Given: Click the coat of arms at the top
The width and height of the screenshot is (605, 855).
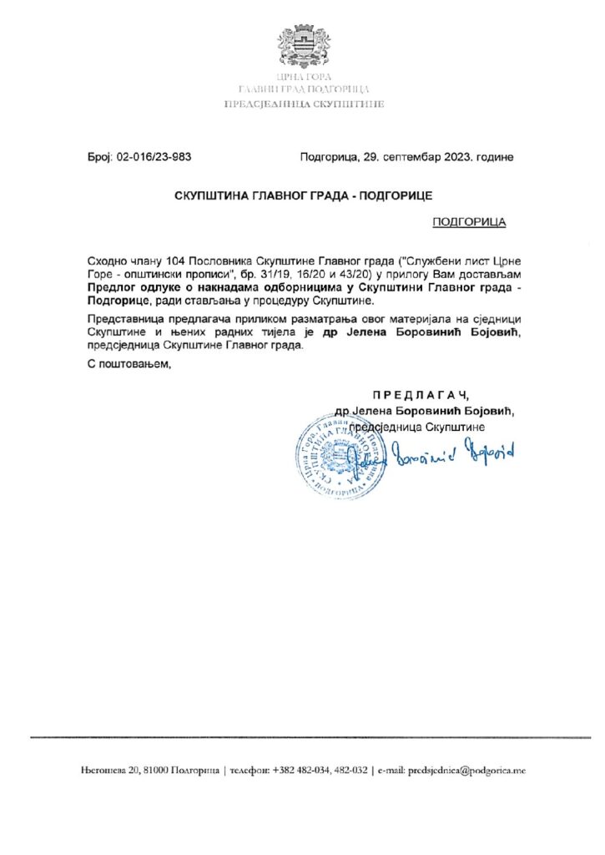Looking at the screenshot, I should (302, 47).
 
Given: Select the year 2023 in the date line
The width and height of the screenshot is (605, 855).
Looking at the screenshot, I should (453, 157).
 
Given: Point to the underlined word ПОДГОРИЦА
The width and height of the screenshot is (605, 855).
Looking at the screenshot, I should (469, 223).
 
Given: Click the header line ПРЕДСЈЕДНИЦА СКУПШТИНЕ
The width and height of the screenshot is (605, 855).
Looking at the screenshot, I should (302, 104).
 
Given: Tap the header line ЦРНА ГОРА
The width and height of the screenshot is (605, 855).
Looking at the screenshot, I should (302, 78).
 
